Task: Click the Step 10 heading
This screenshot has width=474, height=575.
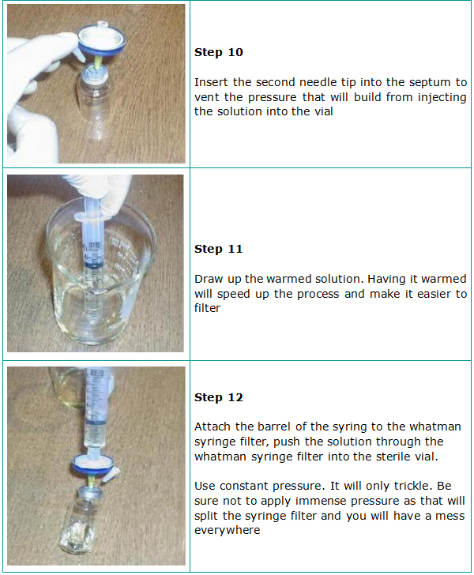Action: point(219,52)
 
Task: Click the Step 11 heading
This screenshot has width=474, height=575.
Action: point(219,249)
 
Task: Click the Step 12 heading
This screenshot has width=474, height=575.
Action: point(219,397)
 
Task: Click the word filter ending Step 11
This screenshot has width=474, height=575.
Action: point(207,308)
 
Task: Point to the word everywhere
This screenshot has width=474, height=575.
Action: point(228,530)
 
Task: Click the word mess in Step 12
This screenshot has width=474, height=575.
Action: point(450,516)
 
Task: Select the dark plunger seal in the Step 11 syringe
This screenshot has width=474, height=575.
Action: point(92,265)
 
